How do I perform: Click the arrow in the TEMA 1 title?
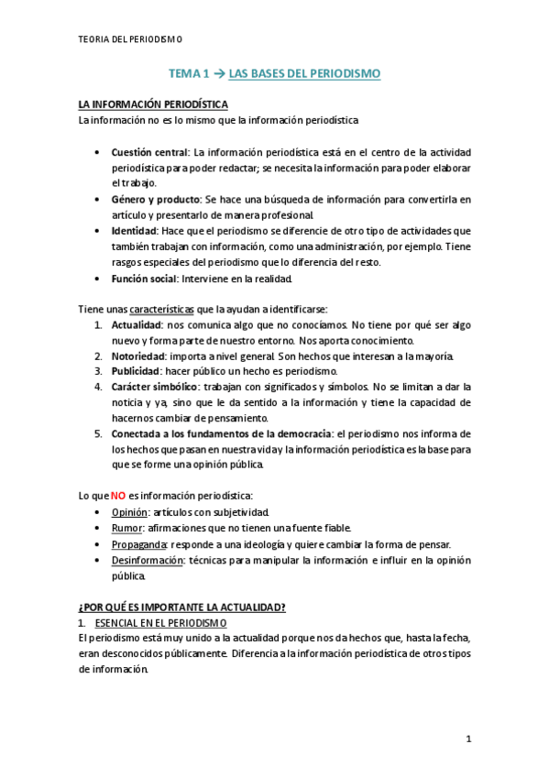pyautogui.click(x=218, y=72)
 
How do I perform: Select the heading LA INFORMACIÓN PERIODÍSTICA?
pyautogui.click(x=152, y=105)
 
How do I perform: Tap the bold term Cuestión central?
pyautogui.click(x=149, y=152)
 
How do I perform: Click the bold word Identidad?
pyautogui.click(x=134, y=230)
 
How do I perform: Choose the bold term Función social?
pyautogui.click(x=144, y=278)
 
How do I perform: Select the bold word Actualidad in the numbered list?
pyautogui.click(x=137, y=324)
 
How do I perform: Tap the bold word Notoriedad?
pyautogui.click(x=139, y=356)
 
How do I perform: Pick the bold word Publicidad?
pyautogui.click(x=137, y=371)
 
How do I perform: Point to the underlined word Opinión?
pyautogui.click(x=129, y=511)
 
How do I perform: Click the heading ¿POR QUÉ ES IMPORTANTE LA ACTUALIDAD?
pyautogui.click(x=182, y=607)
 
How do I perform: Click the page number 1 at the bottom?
pyautogui.click(x=467, y=739)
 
